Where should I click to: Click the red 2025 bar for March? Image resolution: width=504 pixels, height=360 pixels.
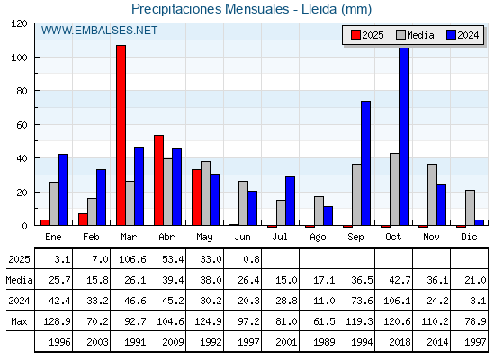[121, 135]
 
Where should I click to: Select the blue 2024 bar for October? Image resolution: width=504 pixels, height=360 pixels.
[403, 136]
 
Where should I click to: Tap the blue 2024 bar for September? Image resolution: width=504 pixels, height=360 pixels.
[365, 163]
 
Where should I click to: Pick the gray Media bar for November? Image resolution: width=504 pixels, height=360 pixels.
[432, 194]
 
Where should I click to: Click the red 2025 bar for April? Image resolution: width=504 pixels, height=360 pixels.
[158, 180]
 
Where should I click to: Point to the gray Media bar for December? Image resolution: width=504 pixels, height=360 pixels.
[470, 208]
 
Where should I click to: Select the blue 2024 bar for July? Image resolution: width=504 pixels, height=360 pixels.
[290, 201]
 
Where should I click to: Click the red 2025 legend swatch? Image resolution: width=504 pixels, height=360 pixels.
[355, 35]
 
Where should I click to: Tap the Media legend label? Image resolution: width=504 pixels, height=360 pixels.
[420, 35]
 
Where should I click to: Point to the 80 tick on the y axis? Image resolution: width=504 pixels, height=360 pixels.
[22, 91]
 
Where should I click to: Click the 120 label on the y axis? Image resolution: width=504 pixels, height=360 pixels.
[19, 23]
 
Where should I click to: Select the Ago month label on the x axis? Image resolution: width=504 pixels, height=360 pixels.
[318, 238]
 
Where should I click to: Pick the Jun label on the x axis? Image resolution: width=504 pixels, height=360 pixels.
[242, 237]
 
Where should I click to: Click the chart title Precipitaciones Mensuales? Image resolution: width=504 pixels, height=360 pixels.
[211, 9]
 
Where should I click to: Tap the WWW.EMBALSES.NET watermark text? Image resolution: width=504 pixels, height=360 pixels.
[99, 31]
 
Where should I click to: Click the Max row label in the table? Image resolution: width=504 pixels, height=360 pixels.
[19, 321]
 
